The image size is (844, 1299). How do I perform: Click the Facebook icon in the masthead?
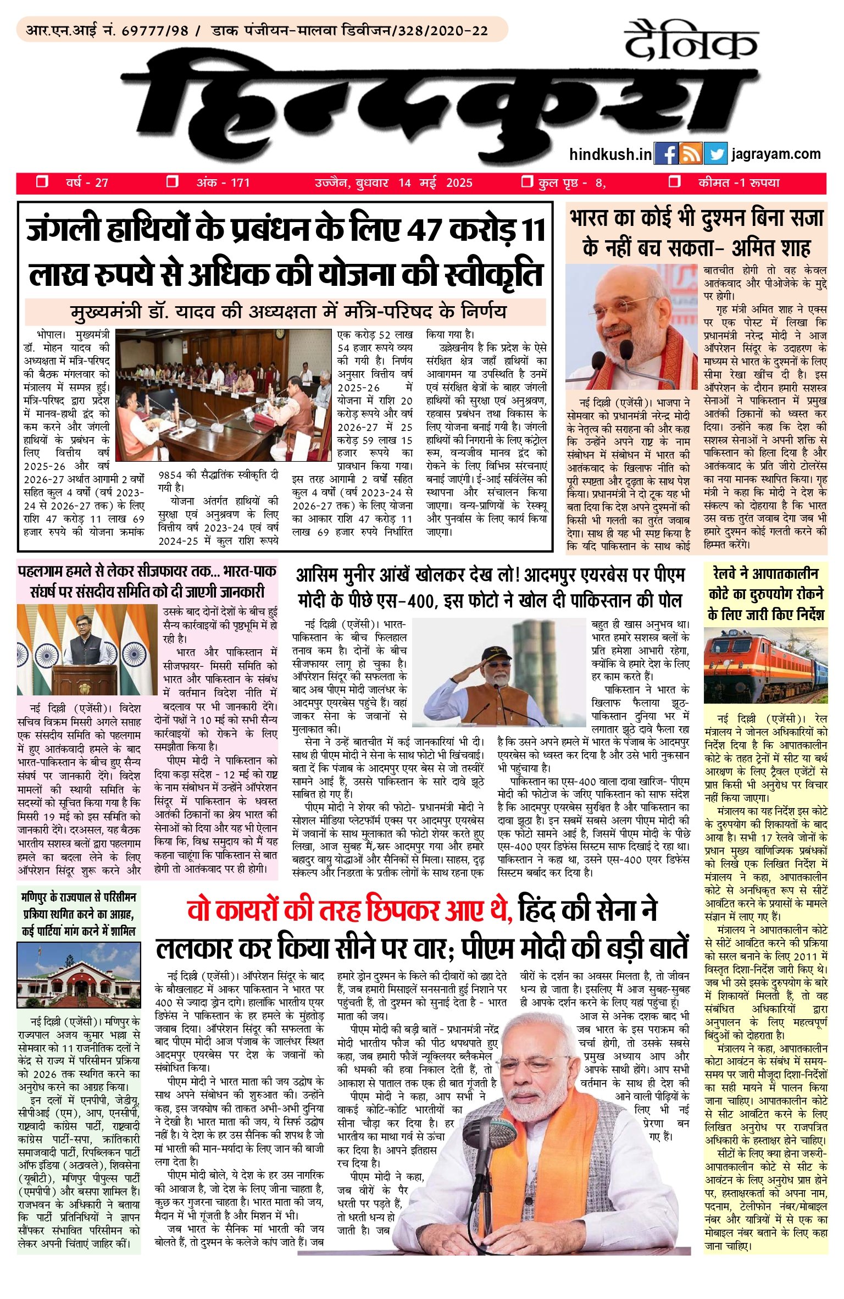click(x=666, y=154)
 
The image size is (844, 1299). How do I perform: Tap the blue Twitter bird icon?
click(x=715, y=154)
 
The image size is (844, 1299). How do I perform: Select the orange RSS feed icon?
click(x=691, y=154)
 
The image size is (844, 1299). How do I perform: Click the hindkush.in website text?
click(x=610, y=154)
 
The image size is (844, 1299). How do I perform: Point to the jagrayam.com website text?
click(x=776, y=154)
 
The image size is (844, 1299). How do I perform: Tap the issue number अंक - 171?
click(x=223, y=183)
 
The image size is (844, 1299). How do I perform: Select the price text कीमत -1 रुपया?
click(x=738, y=183)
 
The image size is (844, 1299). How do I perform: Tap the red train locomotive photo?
click(x=765, y=666)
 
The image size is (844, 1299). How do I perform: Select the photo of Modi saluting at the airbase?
click(x=498, y=672)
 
